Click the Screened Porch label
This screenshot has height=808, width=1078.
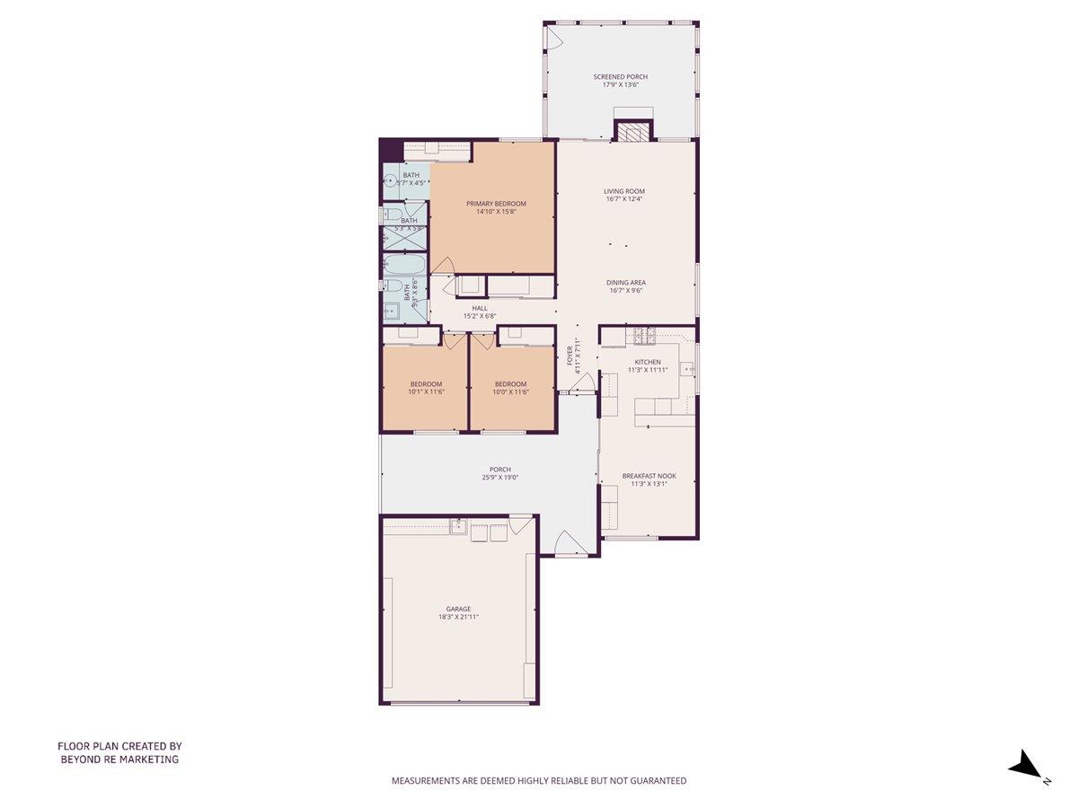tap(620, 77)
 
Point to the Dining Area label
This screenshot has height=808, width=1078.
tap(625, 283)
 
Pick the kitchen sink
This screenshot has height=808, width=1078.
tap(687, 368)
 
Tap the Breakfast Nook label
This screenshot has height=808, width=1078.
tap(649, 476)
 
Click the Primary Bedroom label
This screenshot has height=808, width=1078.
tap(496, 204)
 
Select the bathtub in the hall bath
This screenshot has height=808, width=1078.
tap(405, 266)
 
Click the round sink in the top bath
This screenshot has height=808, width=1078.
tap(390, 180)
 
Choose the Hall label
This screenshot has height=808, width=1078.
tap(480, 308)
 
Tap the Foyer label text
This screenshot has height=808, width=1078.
tap(570, 356)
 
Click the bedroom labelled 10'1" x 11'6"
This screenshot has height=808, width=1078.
tap(426, 388)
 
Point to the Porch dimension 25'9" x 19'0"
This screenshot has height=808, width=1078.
tap(500, 478)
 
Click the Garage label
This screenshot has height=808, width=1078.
tap(458, 609)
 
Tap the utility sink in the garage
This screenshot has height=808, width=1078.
tap(458, 527)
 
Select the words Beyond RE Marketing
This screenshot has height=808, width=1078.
tap(119, 760)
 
